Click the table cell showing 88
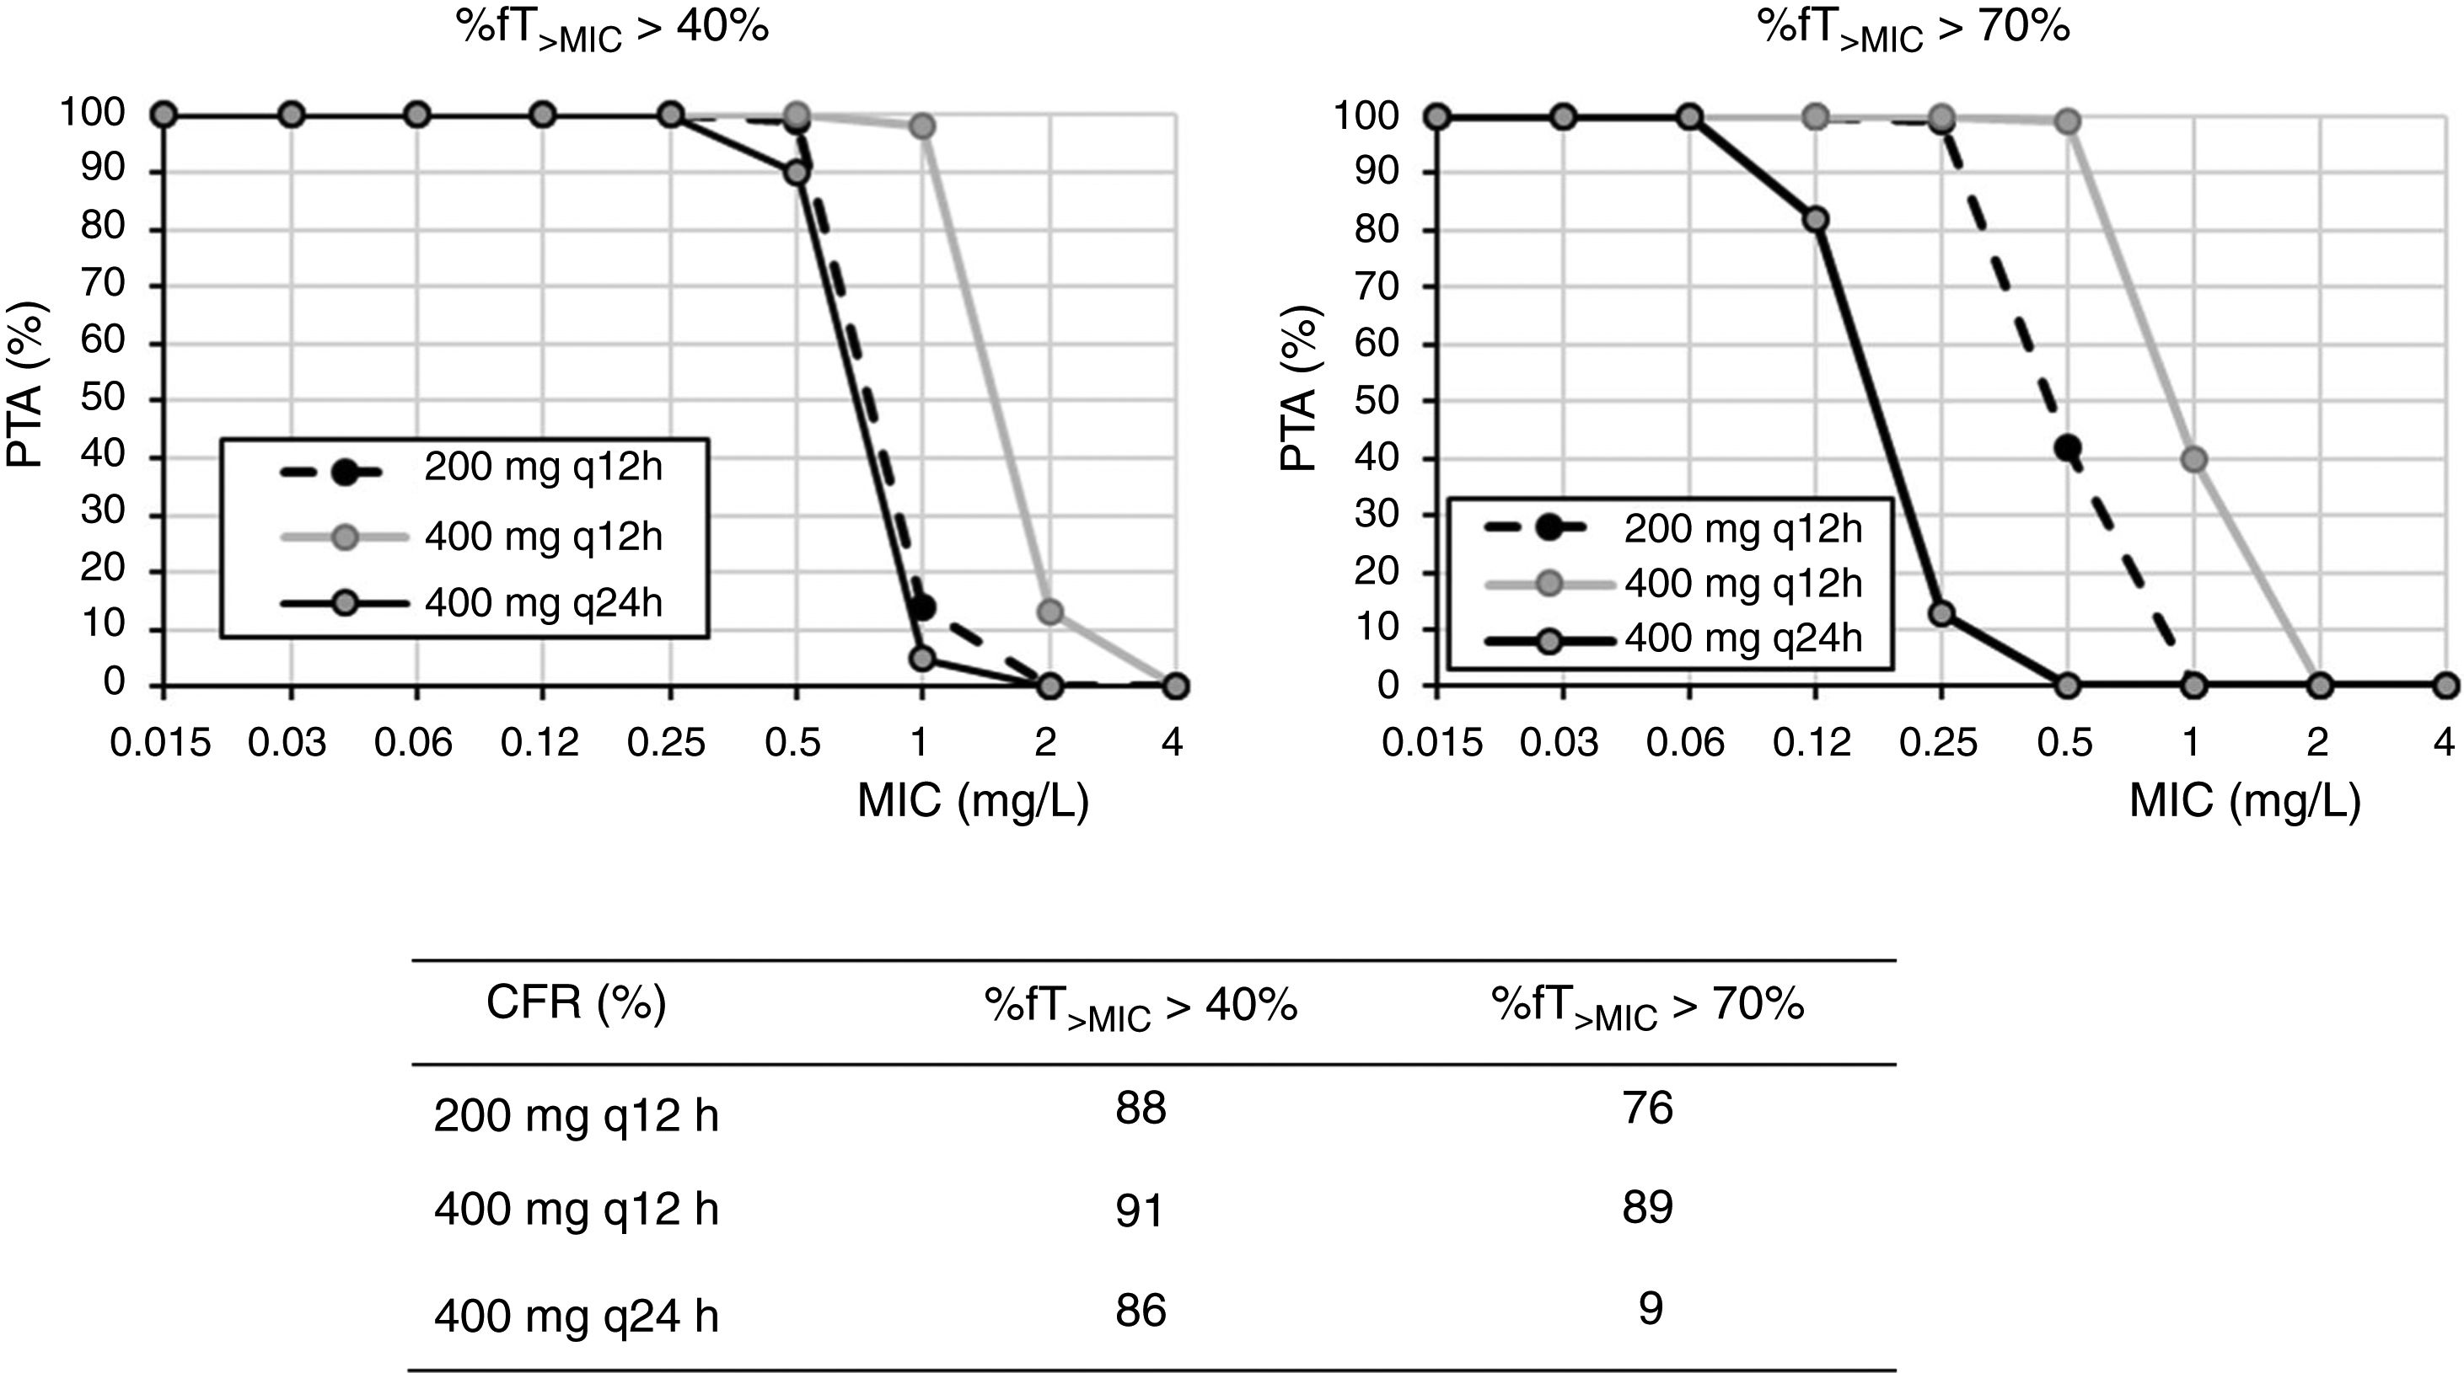(x=1141, y=1109)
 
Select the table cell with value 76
(x=1647, y=1109)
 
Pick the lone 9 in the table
(x=1650, y=1309)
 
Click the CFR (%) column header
(x=576, y=1003)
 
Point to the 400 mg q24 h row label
(x=576, y=1317)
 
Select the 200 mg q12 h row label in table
(x=576, y=1116)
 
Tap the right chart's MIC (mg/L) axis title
(x=2245, y=801)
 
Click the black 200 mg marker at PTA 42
(x=2067, y=448)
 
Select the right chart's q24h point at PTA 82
(x=1816, y=220)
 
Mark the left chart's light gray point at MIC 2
(x=1049, y=612)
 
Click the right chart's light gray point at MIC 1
(x=2193, y=460)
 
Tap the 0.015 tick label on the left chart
(x=161, y=743)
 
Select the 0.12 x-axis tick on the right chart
(x=1812, y=743)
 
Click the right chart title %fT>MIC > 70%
(x=1913, y=29)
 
